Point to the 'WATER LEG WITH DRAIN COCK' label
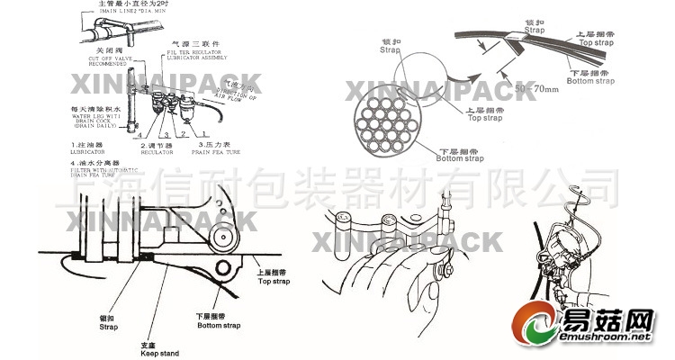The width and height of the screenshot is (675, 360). [x=97, y=117]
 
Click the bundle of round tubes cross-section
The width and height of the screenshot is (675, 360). [x=390, y=121]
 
